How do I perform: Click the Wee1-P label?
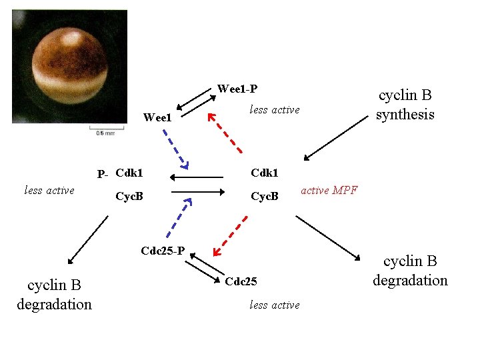[x=237, y=89]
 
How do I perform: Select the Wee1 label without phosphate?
[x=158, y=118]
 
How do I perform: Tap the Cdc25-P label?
[x=163, y=251]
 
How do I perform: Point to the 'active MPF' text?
[x=329, y=191]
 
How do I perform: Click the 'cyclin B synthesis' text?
[x=405, y=105]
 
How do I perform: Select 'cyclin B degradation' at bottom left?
[x=54, y=295]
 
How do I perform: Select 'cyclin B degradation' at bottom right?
[x=410, y=271]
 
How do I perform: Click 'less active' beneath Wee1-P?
[x=274, y=109]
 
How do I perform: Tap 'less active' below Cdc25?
[x=274, y=305]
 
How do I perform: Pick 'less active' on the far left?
[x=49, y=191]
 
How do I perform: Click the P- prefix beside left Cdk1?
[x=102, y=175]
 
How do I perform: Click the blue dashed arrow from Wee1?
[x=175, y=147]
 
